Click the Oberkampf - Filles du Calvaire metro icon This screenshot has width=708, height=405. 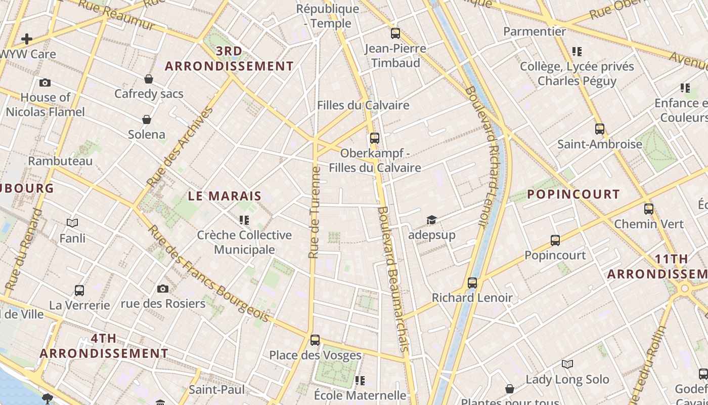tap(374, 138)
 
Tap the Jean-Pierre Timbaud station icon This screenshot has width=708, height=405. tap(395, 33)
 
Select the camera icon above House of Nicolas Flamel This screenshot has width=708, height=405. tap(45, 83)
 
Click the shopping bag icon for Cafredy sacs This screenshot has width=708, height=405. tap(149, 79)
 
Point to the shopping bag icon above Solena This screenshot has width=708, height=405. tap(147, 119)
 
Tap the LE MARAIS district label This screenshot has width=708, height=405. tap(225, 196)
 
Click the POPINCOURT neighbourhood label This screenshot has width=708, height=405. tap(573, 194)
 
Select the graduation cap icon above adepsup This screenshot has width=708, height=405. tap(431, 220)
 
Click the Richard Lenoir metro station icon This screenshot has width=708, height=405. tap(472, 283)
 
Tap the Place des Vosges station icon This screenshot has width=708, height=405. tap(315, 340)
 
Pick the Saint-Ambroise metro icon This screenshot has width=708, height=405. tap(599, 129)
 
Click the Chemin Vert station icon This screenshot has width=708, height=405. tap(648, 209)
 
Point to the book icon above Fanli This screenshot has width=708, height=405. tap(72, 223)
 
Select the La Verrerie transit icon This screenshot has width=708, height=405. tap(79, 291)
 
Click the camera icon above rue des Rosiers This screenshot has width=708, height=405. tap(162, 289)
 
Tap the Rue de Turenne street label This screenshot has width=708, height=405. tap(315, 213)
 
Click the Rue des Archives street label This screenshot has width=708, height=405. tap(179, 147)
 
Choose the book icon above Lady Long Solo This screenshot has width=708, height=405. tap(567, 364)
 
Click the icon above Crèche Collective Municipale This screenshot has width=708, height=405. tap(244, 220)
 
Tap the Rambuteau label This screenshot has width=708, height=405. tap(60, 161)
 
